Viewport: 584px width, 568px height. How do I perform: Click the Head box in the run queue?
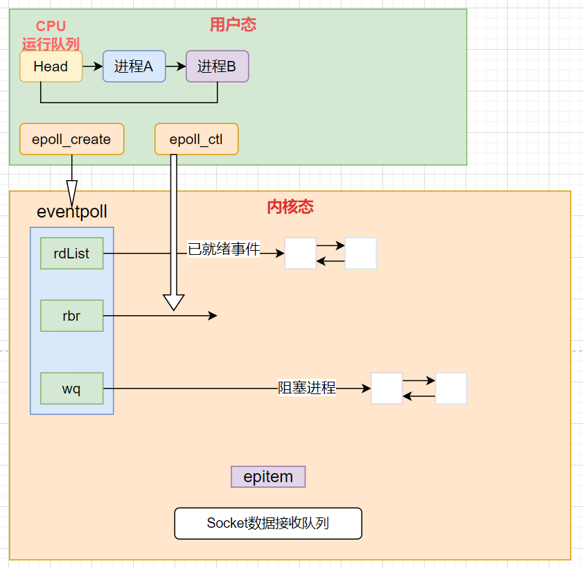(51, 66)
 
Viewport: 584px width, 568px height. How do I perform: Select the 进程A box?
(134, 66)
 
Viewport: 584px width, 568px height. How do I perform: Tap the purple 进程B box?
(217, 66)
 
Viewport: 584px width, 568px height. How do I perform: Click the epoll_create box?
(71, 139)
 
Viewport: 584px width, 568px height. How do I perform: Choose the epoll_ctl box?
(196, 139)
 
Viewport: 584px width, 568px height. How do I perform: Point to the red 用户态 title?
(233, 25)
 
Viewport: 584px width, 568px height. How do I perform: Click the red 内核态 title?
(290, 207)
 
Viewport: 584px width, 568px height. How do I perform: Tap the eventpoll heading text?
(71, 211)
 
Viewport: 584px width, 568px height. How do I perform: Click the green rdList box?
(71, 254)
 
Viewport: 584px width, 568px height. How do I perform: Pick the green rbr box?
(71, 316)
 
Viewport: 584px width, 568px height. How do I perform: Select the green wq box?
(71, 389)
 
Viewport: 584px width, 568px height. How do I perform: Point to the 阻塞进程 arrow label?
(307, 388)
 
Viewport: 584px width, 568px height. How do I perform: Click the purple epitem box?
(268, 477)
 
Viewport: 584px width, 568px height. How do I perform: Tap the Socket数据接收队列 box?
(268, 523)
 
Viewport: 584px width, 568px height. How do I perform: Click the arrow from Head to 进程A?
(92, 66)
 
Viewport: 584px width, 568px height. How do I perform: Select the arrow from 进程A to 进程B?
(176, 66)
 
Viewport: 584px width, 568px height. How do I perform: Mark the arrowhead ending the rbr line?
(213, 316)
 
